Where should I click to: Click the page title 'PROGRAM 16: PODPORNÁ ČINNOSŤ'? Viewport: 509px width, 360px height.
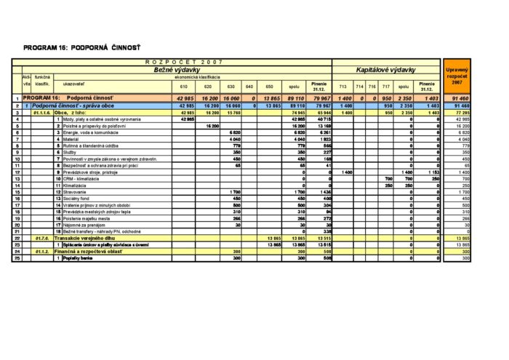[x=81, y=47]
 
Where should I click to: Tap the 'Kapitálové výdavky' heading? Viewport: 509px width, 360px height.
[x=385, y=70]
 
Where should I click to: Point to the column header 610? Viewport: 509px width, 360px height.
[x=183, y=87]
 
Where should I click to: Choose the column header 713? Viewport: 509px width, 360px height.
[x=343, y=87]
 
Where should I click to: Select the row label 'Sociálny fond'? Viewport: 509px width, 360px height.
[x=81, y=198]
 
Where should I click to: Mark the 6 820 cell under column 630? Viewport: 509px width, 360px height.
[x=234, y=132]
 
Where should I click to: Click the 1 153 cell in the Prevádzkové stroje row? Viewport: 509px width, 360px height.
[x=431, y=172]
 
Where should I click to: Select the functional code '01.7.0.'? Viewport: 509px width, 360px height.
[x=41, y=238]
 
